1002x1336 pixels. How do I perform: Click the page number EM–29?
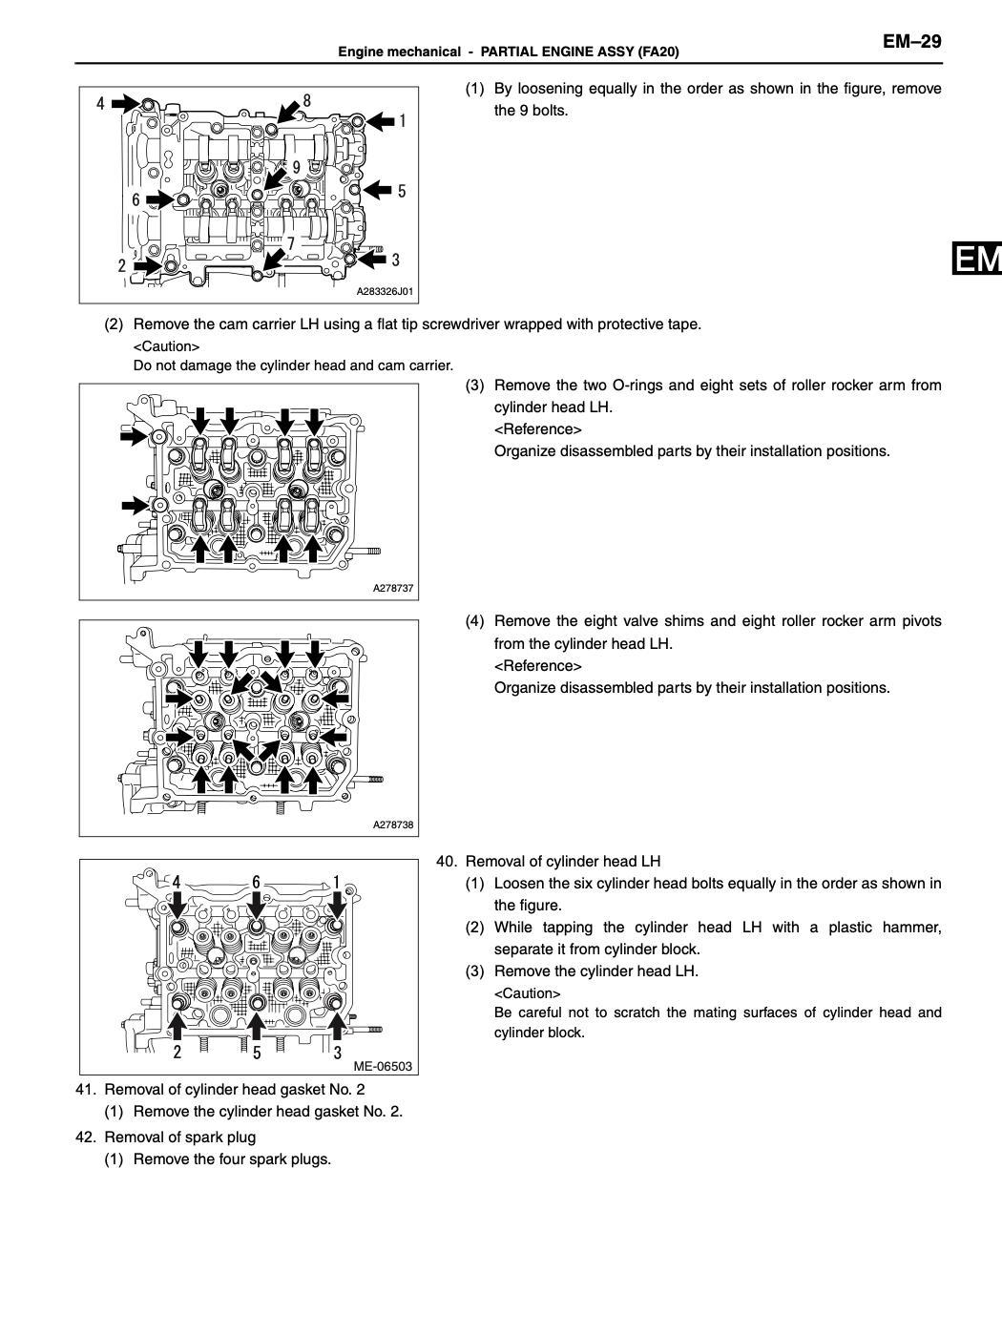910,41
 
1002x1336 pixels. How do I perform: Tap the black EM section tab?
975,260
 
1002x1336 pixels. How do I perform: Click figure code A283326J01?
385,291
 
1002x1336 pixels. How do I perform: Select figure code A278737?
393,588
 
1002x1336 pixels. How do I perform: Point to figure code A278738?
393,825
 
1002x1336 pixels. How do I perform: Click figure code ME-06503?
383,1066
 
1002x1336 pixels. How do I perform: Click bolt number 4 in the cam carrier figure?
100,103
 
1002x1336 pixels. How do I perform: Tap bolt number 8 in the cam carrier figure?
306,100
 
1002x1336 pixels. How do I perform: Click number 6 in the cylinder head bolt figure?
256,882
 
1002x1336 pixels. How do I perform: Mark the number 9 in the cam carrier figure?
297,167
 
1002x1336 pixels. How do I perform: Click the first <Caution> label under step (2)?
166,346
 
